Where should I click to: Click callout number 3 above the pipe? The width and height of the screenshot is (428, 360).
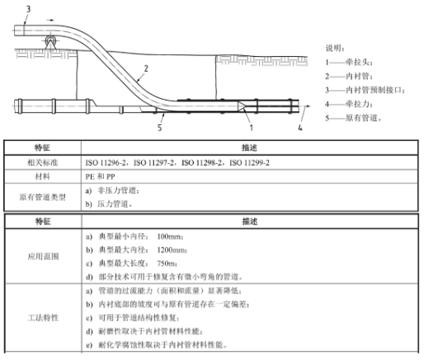[x=28, y=9]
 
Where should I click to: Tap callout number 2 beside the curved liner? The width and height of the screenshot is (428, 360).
[x=146, y=68]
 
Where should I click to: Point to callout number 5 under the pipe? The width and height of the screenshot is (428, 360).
[x=160, y=128]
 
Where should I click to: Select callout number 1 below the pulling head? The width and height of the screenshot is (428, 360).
[x=251, y=128]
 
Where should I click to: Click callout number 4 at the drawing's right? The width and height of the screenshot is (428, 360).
[x=300, y=128]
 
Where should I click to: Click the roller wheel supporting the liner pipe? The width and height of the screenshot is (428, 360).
[x=51, y=40]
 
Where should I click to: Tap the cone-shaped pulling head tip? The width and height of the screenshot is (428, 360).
[x=242, y=106]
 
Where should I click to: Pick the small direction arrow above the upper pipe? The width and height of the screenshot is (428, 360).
[x=50, y=20]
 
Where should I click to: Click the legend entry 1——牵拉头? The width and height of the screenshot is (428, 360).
[x=349, y=63]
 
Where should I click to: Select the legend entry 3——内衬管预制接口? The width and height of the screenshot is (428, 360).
[x=365, y=90]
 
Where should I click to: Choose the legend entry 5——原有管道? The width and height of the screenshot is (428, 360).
[x=353, y=118]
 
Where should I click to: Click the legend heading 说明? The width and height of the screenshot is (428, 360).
[x=335, y=48]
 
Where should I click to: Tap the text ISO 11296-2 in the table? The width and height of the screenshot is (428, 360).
[x=106, y=163]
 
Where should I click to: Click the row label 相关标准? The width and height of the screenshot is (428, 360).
[x=43, y=162]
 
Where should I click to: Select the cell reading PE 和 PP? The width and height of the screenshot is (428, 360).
[x=100, y=176]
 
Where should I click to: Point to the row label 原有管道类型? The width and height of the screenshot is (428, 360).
[x=43, y=197]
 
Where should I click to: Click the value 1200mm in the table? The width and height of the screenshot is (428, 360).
[x=172, y=250]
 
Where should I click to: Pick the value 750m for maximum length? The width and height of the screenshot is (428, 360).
[x=167, y=264]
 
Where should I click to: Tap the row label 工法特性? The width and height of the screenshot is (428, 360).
[x=43, y=318]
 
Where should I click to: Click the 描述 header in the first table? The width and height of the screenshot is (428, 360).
[x=249, y=147]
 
